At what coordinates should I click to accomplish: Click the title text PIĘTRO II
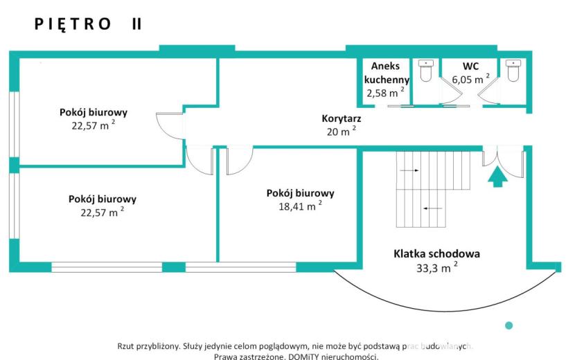click(88, 24)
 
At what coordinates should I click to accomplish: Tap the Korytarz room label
click(342, 118)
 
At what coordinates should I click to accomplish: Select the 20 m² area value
click(342, 131)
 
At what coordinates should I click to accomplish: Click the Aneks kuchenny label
click(387, 73)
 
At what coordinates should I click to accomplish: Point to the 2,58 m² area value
click(385, 92)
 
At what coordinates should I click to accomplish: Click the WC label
click(470, 66)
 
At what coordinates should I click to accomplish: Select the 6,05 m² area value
click(470, 79)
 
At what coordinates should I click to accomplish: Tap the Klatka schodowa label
click(436, 253)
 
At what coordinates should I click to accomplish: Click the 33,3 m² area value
click(436, 268)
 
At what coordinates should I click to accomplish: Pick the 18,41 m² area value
click(301, 206)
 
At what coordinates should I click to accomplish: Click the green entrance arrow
click(497, 177)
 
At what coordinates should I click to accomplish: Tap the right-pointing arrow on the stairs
click(409, 170)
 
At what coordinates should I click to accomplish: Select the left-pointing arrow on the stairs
click(433, 208)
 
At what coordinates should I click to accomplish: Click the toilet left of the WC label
click(426, 71)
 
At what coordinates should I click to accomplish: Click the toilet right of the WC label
click(513, 71)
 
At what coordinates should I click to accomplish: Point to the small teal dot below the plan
click(508, 325)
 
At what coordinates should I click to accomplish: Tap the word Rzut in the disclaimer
click(125, 345)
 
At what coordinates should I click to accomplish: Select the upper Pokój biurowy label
click(94, 112)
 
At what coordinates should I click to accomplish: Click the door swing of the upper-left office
click(170, 125)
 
